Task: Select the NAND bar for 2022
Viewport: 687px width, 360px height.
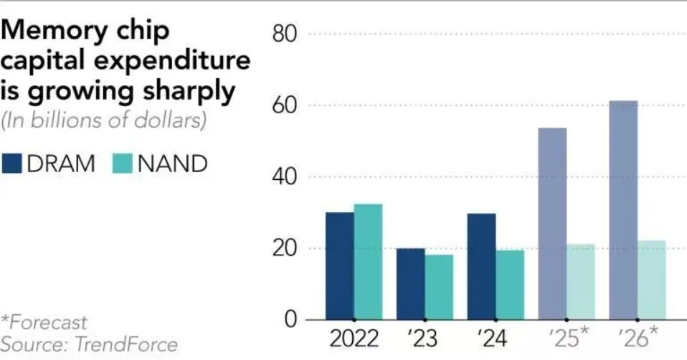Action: pos(368,262)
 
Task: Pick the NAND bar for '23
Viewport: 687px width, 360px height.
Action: pos(438,287)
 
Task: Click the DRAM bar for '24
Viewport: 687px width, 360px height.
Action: pos(481,266)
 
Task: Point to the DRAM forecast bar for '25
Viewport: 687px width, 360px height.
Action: pos(552,223)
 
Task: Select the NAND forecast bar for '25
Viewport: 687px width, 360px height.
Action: pos(580,282)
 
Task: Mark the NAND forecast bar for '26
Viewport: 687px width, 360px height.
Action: pos(651,280)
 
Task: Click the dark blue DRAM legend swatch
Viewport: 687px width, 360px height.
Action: pos(11,164)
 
